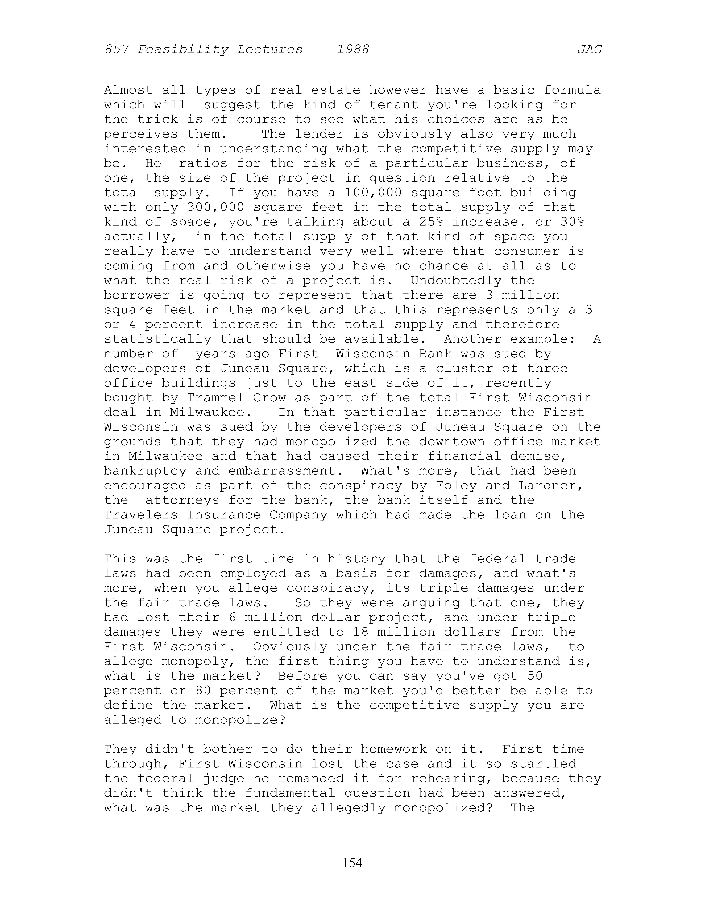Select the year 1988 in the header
pos(353,50)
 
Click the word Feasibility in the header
pos(183,50)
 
